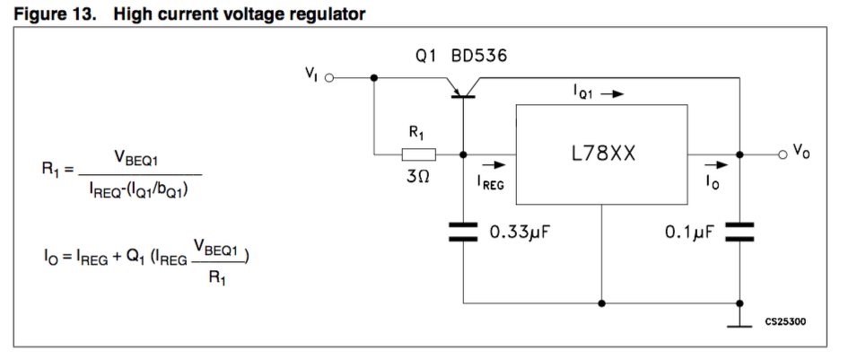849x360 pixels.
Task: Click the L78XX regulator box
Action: (x=600, y=154)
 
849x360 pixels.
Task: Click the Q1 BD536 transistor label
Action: (x=460, y=56)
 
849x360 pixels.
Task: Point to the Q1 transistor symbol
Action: (x=463, y=86)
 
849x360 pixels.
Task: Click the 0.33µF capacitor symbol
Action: (x=463, y=233)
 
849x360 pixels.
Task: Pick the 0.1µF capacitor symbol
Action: (x=739, y=233)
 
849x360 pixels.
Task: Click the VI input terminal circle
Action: (x=328, y=78)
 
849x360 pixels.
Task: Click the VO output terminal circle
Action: (x=783, y=154)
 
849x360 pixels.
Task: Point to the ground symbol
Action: (x=739, y=325)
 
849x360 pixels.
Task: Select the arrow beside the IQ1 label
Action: (x=611, y=92)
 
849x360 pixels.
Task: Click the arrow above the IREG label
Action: (x=492, y=165)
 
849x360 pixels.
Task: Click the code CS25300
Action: (x=785, y=320)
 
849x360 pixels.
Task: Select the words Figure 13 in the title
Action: (x=50, y=13)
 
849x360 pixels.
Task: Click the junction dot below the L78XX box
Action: (x=601, y=303)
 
